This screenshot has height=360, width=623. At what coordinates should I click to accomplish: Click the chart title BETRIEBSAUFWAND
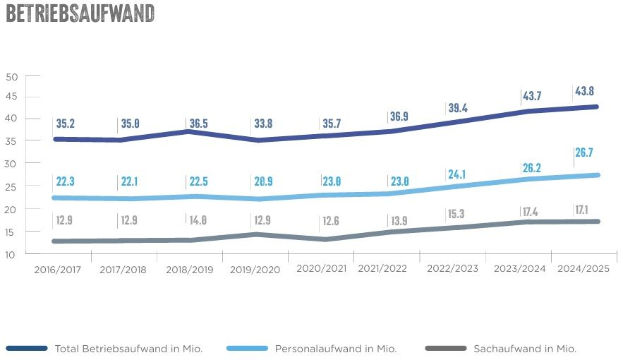pos(80,14)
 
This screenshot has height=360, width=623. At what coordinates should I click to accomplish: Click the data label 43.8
pos(584,91)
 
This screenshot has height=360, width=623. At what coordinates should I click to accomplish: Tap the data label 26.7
pos(584,152)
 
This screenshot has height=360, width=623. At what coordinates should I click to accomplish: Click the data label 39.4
pos(459,107)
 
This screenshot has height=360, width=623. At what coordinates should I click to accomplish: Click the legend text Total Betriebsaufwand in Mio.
pos(128,349)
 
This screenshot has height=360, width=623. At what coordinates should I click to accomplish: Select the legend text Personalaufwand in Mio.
pos(336,349)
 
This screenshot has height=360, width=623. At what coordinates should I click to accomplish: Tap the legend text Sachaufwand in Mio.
pos(525,349)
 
